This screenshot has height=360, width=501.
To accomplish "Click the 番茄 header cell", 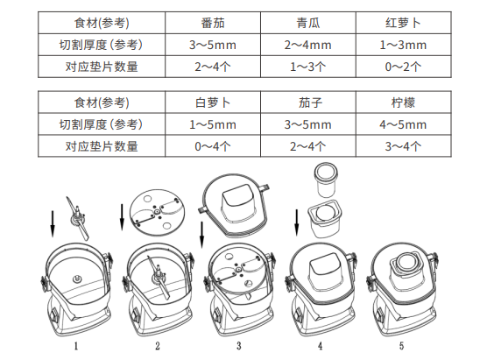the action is click(213, 23).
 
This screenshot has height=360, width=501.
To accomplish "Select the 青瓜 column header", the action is click(308, 23).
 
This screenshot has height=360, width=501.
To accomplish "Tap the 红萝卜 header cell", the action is click(403, 23).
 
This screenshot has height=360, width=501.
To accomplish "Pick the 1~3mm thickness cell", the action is click(403, 45).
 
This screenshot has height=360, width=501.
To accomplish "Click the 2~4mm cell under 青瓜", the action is click(308, 45).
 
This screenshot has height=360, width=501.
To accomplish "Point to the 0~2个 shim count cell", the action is click(403, 67).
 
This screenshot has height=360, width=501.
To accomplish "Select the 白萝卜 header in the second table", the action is click(213, 102).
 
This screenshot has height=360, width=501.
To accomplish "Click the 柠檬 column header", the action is click(403, 102).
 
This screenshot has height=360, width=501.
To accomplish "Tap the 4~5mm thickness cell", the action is click(403, 124).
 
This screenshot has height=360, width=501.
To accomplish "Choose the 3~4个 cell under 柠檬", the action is click(403, 146).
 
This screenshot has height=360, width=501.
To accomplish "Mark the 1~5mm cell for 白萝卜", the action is click(213, 124).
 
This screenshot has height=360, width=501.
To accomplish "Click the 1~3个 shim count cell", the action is click(308, 67).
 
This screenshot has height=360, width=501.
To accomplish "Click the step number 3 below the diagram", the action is click(239, 346).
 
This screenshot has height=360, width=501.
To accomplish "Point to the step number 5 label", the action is click(401, 346).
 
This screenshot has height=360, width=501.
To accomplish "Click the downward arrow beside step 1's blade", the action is click(53, 224).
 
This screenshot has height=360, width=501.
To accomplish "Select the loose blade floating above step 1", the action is click(78, 219).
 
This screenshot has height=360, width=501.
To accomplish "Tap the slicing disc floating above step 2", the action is click(157, 212).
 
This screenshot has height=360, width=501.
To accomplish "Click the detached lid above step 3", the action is click(235, 205).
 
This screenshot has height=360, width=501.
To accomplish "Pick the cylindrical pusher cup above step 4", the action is click(326, 180).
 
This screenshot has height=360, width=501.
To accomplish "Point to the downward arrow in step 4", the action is click(297, 222).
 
